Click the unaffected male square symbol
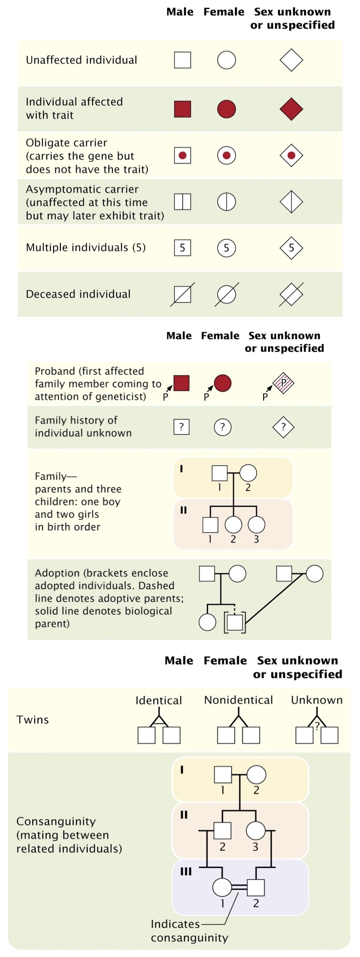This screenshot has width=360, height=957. (182, 60)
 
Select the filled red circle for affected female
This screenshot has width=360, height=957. (226, 109)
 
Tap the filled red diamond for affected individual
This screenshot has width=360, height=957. (291, 109)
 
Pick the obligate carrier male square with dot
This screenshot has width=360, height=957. (182, 155)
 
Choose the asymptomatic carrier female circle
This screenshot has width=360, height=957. (226, 202)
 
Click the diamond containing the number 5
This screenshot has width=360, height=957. (291, 248)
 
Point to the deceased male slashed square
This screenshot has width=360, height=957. (182, 294)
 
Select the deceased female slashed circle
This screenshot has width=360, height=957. (226, 294)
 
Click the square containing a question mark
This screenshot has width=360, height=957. (181, 427)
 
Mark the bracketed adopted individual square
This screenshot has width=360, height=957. (235, 622)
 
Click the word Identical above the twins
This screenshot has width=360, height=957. (159, 700)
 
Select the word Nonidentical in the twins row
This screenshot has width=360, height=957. (238, 700)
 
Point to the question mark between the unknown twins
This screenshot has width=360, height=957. (317, 726)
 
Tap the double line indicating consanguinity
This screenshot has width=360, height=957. (239, 887)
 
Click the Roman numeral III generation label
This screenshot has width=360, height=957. (186, 872)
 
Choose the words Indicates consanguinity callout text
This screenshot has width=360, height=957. (189, 931)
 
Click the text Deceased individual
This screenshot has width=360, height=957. (78, 294)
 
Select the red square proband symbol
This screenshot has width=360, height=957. (181, 383)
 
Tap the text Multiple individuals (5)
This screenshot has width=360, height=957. (85, 248)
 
